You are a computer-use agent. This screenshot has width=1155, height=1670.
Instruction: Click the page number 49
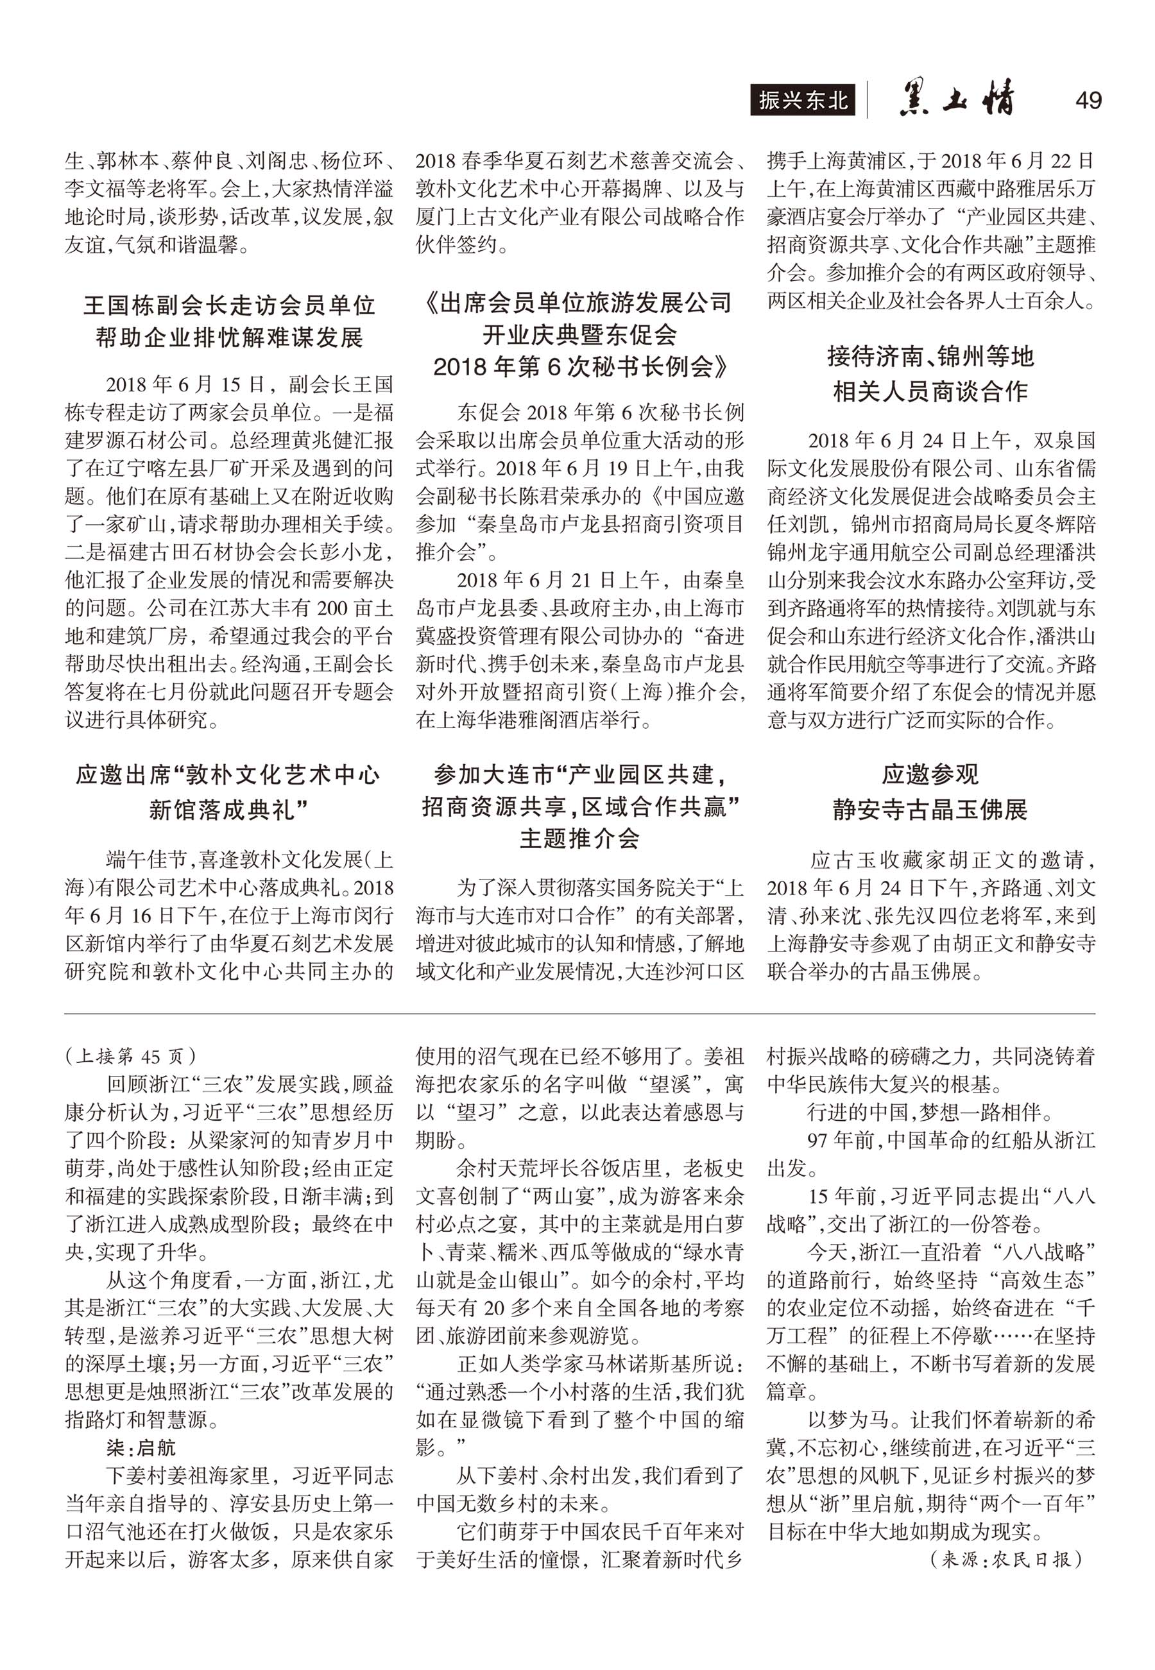pyautogui.click(x=1088, y=100)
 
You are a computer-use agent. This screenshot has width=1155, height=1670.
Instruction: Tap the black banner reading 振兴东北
pyautogui.click(x=803, y=101)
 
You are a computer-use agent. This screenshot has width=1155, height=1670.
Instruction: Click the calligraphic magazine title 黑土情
pyautogui.click(x=956, y=100)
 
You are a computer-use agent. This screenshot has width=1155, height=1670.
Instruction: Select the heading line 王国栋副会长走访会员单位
pyautogui.click(x=230, y=305)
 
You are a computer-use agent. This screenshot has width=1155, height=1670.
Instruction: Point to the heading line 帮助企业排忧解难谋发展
pyautogui.click(x=230, y=337)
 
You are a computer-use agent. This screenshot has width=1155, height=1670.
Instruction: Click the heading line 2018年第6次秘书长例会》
pyautogui.click(x=581, y=367)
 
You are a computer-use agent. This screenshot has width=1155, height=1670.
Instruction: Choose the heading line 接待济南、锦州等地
pyautogui.click(x=930, y=357)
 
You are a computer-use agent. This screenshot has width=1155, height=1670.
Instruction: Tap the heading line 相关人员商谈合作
pyautogui.click(x=930, y=391)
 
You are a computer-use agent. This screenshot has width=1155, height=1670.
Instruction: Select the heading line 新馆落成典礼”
pyautogui.click(x=230, y=809)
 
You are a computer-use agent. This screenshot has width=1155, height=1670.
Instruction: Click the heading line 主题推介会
pyautogui.click(x=581, y=839)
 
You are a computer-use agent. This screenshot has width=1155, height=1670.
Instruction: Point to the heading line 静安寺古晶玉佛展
pyautogui.click(x=930, y=809)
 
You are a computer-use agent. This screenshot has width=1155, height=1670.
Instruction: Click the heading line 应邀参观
pyautogui.click(x=930, y=775)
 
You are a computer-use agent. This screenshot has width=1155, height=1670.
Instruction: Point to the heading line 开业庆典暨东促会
pyautogui.click(x=581, y=334)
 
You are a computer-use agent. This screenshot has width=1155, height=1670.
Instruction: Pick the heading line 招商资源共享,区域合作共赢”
pyautogui.click(x=581, y=807)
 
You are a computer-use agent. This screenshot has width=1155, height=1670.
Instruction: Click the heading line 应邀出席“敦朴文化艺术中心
pyautogui.click(x=230, y=775)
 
